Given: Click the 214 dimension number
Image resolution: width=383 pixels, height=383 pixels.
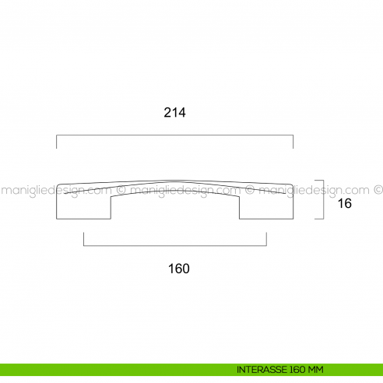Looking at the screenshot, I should click(x=174, y=112).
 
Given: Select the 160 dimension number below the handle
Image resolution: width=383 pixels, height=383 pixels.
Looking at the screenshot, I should click(x=179, y=269).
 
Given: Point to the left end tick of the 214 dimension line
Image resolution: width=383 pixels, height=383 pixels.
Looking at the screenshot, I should click(x=56, y=142).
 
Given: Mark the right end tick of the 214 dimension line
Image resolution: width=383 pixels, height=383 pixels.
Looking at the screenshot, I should click(x=293, y=142).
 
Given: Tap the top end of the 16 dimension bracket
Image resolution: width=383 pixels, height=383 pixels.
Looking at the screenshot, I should click(x=319, y=181).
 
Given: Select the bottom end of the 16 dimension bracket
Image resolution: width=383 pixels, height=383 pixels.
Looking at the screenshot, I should click(x=319, y=219).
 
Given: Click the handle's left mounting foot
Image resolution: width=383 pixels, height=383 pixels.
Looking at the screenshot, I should click(x=83, y=206).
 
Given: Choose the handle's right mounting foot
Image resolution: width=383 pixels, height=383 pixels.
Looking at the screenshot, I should click(x=265, y=206).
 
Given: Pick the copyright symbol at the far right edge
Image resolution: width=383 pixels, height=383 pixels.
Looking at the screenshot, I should click(x=378, y=188).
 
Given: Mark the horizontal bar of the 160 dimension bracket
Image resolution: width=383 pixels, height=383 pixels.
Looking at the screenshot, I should click(x=174, y=246).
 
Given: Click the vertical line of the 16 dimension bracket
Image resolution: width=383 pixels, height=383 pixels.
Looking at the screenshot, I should click(x=322, y=200).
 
